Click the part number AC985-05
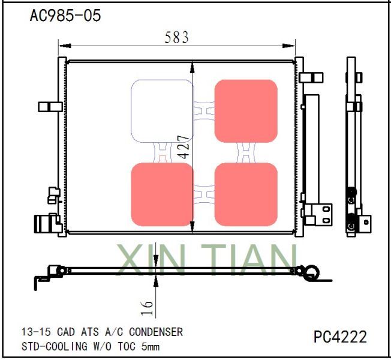[x=65, y=16]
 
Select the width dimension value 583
[x=176, y=37]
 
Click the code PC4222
[x=340, y=337]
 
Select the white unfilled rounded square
[x=162, y=111]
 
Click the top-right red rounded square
[x=246, y=111]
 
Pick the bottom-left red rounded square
[x=162, y=194]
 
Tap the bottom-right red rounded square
[x=246, y=194]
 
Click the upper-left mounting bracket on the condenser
[x=50, y=106]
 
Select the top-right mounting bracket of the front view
[x=311, y=78]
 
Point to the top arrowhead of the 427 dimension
[x=192, y=66]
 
